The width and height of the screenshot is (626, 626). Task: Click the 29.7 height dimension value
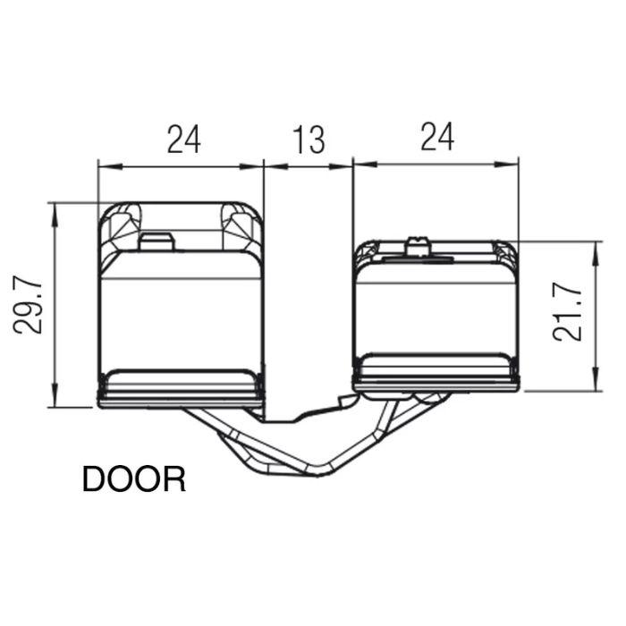[28, 306]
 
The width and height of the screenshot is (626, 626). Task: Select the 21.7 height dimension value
[567, 313]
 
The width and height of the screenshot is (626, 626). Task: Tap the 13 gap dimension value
[309, 140]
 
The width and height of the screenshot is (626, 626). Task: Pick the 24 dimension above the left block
[183, 139]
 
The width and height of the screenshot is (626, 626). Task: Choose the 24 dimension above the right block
[437, 137]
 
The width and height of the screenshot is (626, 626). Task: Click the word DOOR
[134, 479]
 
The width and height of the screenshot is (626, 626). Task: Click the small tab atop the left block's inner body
[156, 242]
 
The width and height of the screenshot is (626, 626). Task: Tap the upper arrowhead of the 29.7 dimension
[55, 216]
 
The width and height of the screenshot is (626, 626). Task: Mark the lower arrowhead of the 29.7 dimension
[55, 395]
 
